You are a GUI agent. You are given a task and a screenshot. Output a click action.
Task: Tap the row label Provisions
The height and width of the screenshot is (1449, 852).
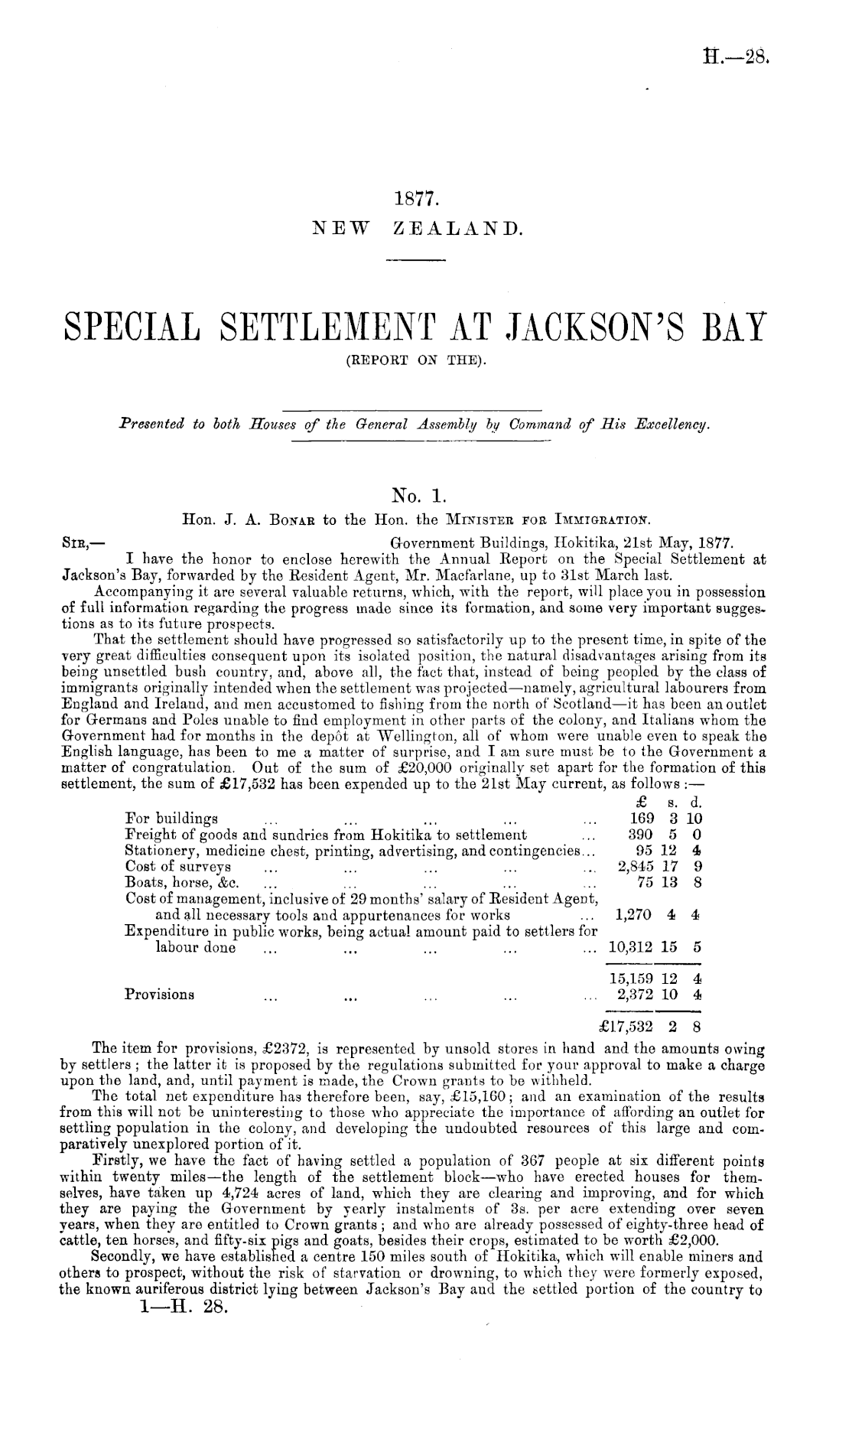point(160,995)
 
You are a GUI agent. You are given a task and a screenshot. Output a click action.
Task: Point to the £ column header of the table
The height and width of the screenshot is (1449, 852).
point(642,803)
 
